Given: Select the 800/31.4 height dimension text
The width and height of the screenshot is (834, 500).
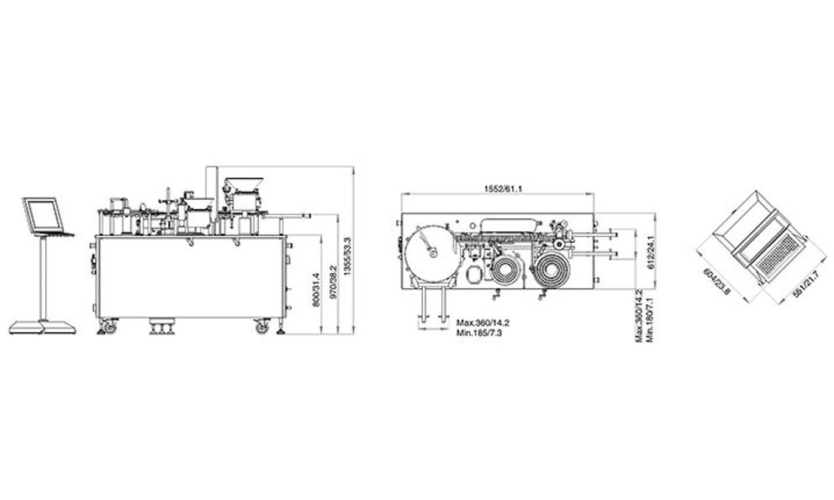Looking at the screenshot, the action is pos(316,289).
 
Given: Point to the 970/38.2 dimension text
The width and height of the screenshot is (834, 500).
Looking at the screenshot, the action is pos(334,283).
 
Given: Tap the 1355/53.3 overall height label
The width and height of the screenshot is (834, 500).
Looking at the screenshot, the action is pos(348,256).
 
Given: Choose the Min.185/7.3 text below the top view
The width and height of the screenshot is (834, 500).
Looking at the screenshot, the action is pos(479,333).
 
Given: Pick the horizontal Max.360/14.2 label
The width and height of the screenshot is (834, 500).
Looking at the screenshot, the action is pos(483,323).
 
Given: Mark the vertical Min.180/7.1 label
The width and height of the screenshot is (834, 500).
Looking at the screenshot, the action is pos(649,319).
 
